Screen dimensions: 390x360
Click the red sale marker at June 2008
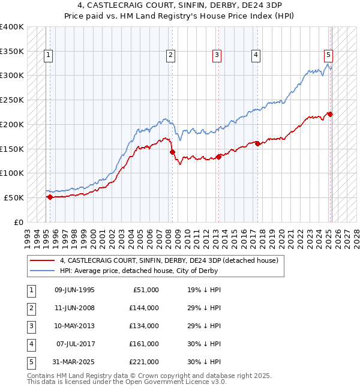(172, 152)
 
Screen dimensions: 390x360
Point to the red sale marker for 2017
(257, 143)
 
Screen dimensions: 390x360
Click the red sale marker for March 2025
(330, 114)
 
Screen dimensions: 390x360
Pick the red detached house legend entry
(169, 261)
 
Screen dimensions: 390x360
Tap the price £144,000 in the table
(144, 308)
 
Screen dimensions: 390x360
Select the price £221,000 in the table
(144, 362)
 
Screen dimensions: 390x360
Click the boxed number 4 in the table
(29, 344)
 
